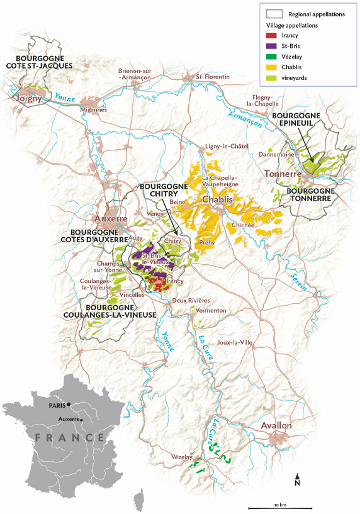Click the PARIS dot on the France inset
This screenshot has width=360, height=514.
70,405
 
